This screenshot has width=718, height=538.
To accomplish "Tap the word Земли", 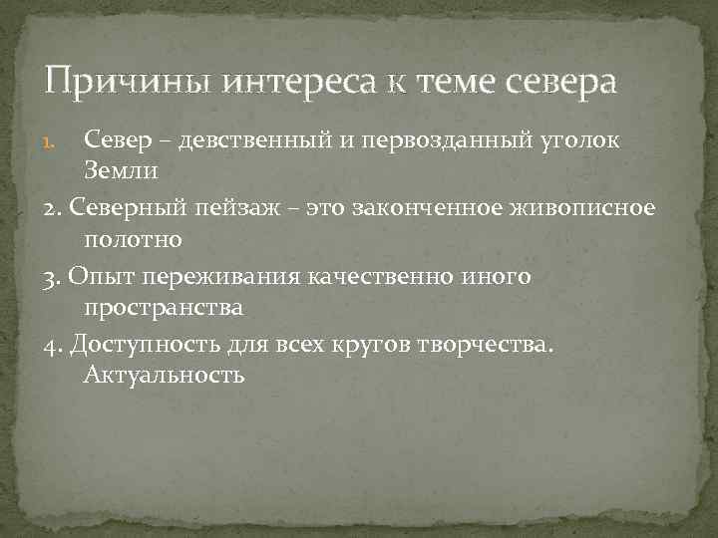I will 120,172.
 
